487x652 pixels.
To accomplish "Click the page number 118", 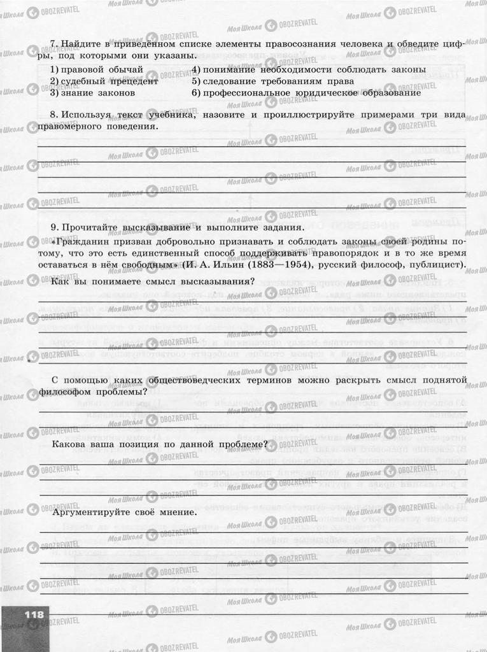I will (34, 614).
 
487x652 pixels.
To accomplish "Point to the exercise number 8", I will (53, 115).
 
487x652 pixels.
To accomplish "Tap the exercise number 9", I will (53, 227).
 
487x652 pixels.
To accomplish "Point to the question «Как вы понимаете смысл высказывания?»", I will (153, 281).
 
